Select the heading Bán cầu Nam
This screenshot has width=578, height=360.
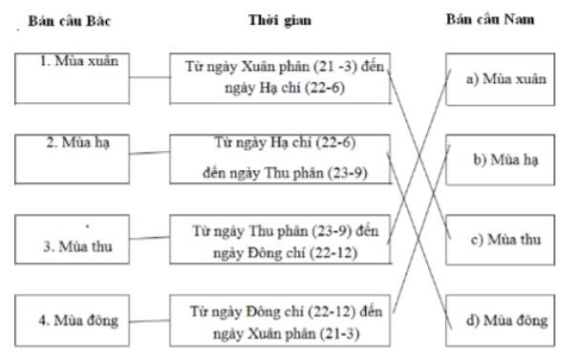(499, 20)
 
